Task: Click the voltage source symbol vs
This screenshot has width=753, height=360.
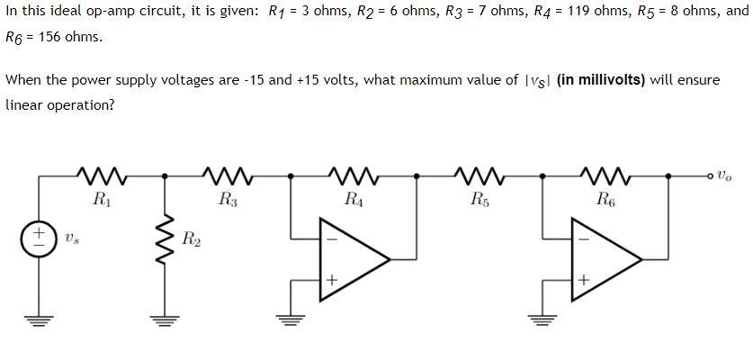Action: point(39,238)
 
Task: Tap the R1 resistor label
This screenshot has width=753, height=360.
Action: point(102,199)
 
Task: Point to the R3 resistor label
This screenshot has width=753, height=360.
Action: point(228,199)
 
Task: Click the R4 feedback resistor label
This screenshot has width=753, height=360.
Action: point(354,199)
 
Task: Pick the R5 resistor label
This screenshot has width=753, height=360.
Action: point(480,199)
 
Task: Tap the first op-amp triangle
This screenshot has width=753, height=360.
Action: point(355,260)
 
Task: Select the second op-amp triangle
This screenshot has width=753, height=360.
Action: point(607,260)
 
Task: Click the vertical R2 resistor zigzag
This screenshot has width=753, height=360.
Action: point(165,238)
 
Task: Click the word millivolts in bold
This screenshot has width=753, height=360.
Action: point(608,79)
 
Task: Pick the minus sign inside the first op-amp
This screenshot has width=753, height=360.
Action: point(331,238)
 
